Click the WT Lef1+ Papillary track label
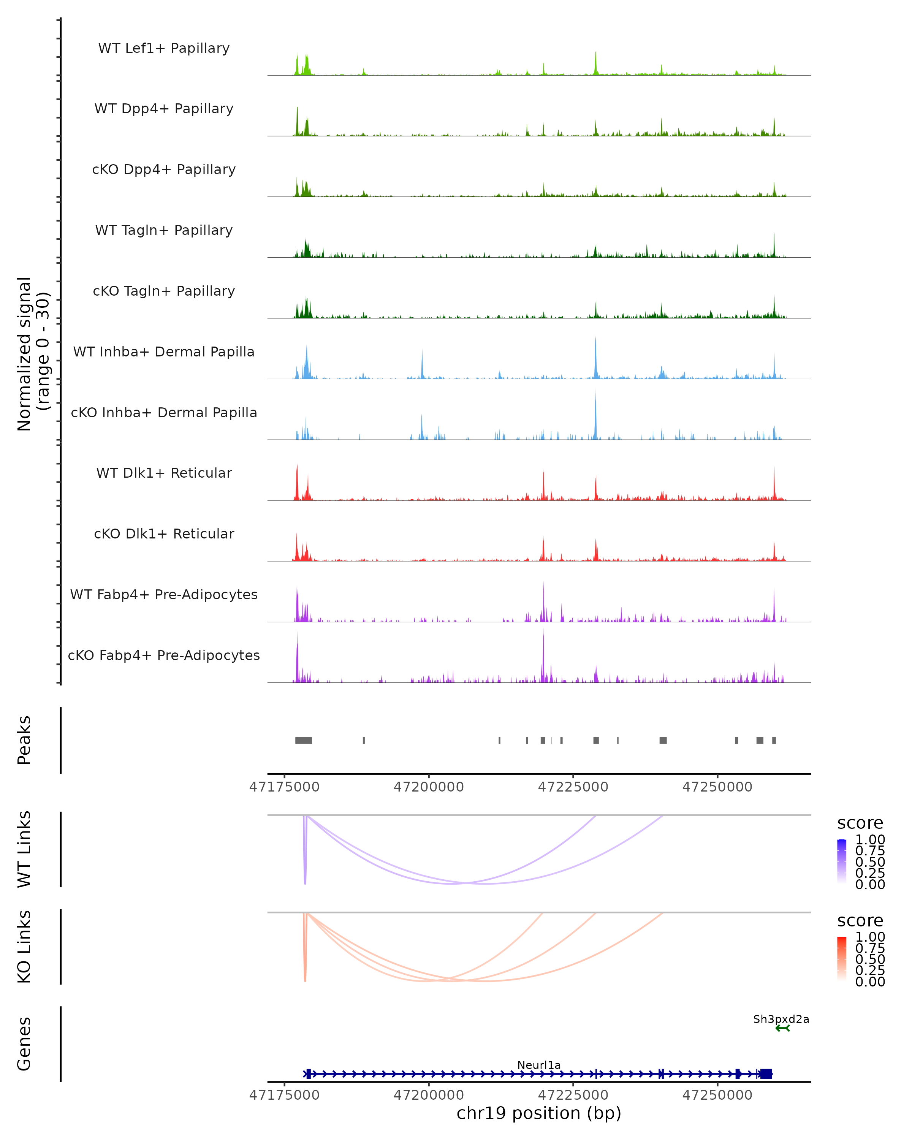(164, 48)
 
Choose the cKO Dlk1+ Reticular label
(164, 534)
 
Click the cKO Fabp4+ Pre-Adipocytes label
(164, 655)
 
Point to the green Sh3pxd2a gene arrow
(782, 1028)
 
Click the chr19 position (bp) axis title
(539, 1113)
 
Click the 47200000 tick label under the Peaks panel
(428, 787)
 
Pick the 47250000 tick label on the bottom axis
(717, 1095)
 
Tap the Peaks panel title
(24, 740)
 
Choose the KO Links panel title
(24, 947)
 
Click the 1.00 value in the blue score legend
(870, 840)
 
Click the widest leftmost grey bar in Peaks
(304, 740)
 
